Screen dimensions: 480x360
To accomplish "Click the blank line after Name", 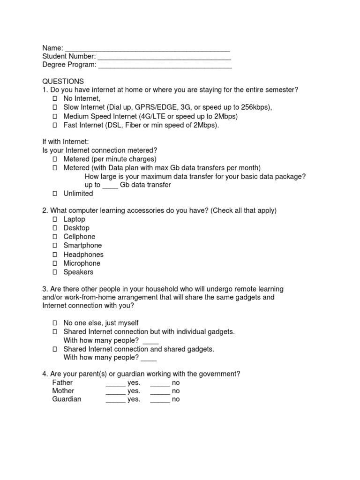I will click(x=147, y=48).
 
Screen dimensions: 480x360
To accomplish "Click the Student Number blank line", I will click(x=164, y=57).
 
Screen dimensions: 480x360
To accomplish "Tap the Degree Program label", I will click(x=69, y=65).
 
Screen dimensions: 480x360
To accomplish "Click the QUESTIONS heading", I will click(x=63, y=82).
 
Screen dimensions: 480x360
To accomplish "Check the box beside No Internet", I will click(x=54, y=99).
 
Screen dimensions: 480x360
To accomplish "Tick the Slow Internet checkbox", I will click(x=54, y=107).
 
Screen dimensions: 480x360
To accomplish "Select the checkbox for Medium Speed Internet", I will click(x=54, y=116).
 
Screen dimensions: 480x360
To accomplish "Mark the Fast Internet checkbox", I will click(x=54, y=125).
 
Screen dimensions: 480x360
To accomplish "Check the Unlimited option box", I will click(x=54, y=194).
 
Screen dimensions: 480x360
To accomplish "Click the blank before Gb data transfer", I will click(x=110, y=185).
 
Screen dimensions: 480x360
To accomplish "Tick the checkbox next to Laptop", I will click(x=54, y=219).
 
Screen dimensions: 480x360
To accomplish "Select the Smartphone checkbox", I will click(x=54, y=246).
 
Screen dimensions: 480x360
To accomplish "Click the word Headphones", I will click(x=83, y=255).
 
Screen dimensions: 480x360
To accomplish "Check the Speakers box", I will click(x=54, y=272).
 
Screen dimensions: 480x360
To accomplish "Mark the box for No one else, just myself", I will click(x=54, y=323).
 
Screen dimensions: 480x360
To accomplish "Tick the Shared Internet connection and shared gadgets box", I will click(x=54, y=349).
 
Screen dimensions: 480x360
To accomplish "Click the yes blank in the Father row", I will click(x=115, y=383).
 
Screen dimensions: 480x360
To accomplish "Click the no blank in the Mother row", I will click(x=160, y=391).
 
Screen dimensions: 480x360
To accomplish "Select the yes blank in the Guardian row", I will click(x=115, y=400).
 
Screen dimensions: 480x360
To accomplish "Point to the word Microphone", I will click(x=82, y=263).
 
